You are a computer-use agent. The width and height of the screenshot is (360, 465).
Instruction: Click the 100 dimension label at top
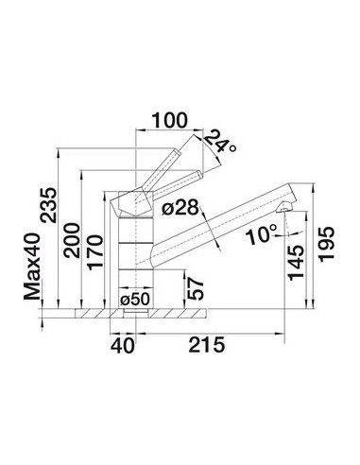(170, 120)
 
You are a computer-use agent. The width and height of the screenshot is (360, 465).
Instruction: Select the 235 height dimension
(48, 205)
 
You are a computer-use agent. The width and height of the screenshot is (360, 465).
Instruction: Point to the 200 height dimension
(71, 240)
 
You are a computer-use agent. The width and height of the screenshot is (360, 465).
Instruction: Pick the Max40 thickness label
(32, 267)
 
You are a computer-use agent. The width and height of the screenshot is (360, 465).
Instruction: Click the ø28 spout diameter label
(180, 208)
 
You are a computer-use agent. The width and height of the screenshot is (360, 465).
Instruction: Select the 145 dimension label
(296, 263)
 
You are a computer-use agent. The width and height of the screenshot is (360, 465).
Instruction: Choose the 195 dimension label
(326, 244)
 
